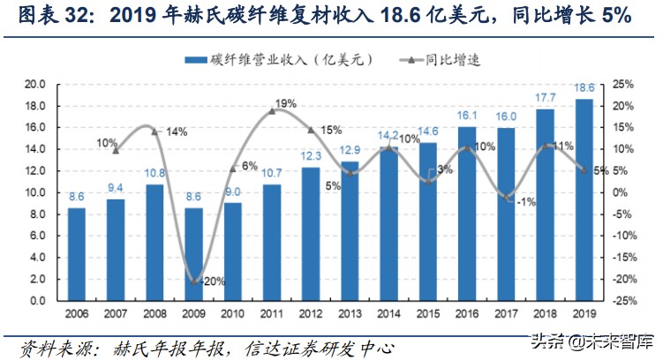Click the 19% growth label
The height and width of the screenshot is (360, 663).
(x=285, y=103)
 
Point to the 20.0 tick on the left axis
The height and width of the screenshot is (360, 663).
(x=34, y=85)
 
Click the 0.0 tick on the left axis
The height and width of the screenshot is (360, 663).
(x=37, y=301)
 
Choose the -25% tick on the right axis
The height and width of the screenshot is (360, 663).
(x=622, y=301)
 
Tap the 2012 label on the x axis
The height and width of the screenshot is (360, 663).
(x=312, y=314)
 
